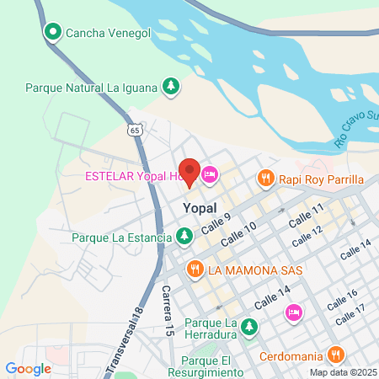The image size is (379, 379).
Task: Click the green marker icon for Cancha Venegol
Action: coord(52,32)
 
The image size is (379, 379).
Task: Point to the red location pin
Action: coord(189,173)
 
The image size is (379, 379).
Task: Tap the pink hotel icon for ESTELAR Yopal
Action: coord(210,175)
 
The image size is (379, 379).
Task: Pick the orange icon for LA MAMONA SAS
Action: coord(195,270)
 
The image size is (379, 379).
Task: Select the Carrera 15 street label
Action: coord(168,312)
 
